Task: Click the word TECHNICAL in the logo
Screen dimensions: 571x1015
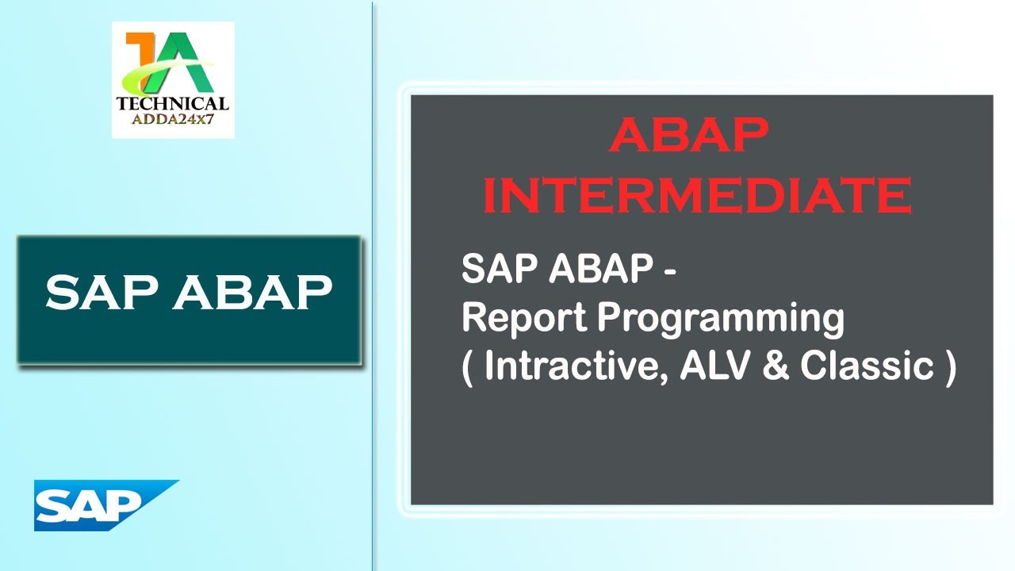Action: click(x=172, y=103)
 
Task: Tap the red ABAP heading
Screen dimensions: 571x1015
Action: click(x=689, y=136)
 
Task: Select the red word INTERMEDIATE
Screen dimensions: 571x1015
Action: click(x=697, y=195)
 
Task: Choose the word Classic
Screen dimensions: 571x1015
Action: click(x=866, y=366)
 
